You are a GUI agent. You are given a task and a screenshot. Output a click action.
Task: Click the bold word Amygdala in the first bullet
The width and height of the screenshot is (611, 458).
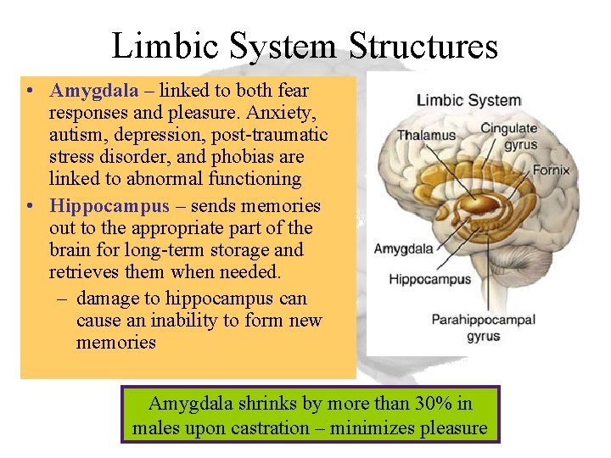tap(89, 91)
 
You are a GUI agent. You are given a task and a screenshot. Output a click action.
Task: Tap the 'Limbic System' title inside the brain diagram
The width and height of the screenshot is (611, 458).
tap(468, 100)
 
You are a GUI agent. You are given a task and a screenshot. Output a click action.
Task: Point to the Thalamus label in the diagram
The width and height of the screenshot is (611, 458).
tap(426, 136)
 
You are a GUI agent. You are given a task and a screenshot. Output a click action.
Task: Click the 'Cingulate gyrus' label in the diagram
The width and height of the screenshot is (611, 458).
tap(508, 136)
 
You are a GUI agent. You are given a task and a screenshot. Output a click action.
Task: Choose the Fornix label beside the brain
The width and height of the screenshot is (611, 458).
tap(551, 170)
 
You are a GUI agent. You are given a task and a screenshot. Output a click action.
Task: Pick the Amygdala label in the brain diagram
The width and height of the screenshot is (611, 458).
tap(404, 249)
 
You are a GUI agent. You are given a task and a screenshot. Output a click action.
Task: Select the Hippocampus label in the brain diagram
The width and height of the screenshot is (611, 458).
tap(429, 279)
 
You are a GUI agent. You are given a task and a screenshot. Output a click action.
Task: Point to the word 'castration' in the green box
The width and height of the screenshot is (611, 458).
tap(274, 428)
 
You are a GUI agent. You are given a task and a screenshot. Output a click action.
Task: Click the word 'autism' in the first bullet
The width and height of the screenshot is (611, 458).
tap(75, 135)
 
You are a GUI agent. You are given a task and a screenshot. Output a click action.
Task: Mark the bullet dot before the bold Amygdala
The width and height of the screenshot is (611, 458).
tap(30, 91)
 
